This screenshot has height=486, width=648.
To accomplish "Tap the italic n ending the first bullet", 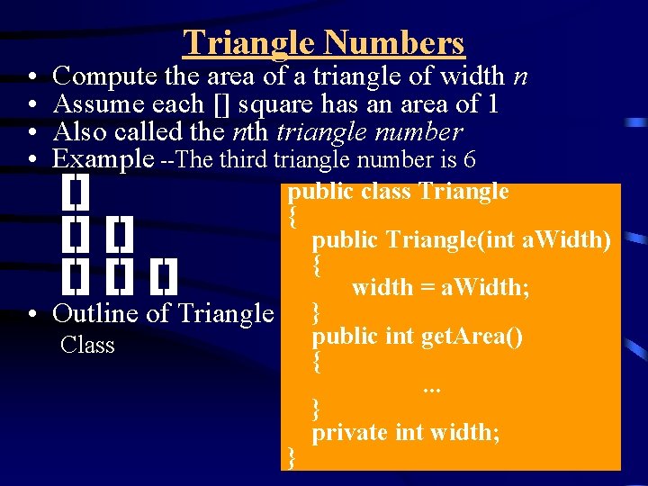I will pos(519,77).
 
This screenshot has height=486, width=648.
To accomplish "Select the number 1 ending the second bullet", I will pos(491,104).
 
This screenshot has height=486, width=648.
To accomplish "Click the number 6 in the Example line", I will pos(469,160).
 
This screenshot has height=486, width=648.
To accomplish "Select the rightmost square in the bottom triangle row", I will pos(164,276).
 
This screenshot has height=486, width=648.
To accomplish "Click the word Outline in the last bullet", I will pos(94,312).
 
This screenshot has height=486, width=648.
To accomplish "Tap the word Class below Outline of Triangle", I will pos(87,345).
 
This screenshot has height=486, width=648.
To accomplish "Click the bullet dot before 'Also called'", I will pos(31,132).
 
